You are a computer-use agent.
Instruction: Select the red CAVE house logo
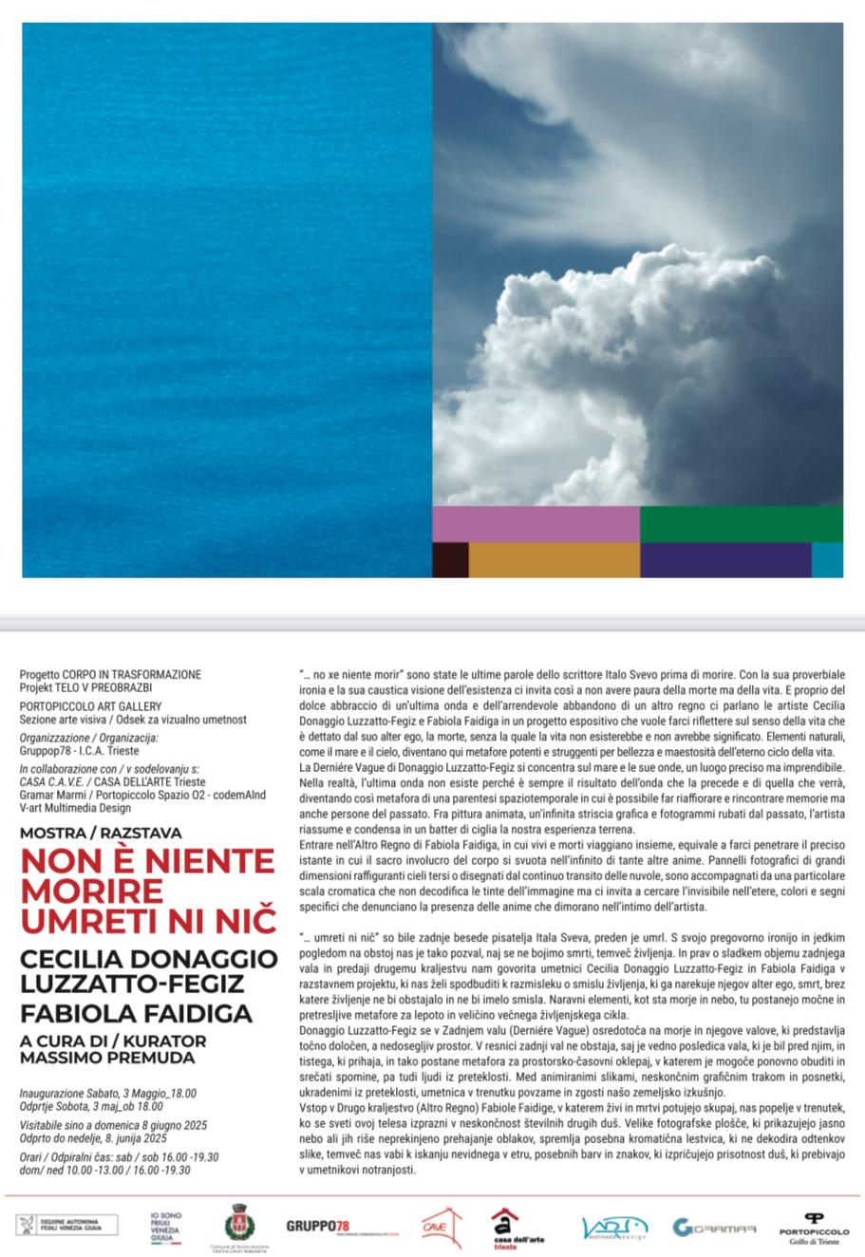(x=441, y=1226)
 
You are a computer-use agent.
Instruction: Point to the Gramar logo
(x=714, y=1228)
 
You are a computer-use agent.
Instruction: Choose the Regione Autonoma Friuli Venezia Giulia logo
(x=67, y=1226)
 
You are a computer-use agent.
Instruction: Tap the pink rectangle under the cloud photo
(x=536, y=524)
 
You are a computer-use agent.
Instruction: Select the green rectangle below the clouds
(x=742, y=524)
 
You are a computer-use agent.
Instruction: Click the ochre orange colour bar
(x=555, y=559)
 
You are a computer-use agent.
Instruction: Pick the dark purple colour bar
(x=725, y=559)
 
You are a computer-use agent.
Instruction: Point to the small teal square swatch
(x=827, y=559)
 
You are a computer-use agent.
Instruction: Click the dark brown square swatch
(x=450, y=559)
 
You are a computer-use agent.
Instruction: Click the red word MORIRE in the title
(x=91, y=891)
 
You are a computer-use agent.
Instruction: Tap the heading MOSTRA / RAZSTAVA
(x=101, y=833)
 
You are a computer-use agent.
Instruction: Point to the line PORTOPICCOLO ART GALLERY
(x=90, y=706)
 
